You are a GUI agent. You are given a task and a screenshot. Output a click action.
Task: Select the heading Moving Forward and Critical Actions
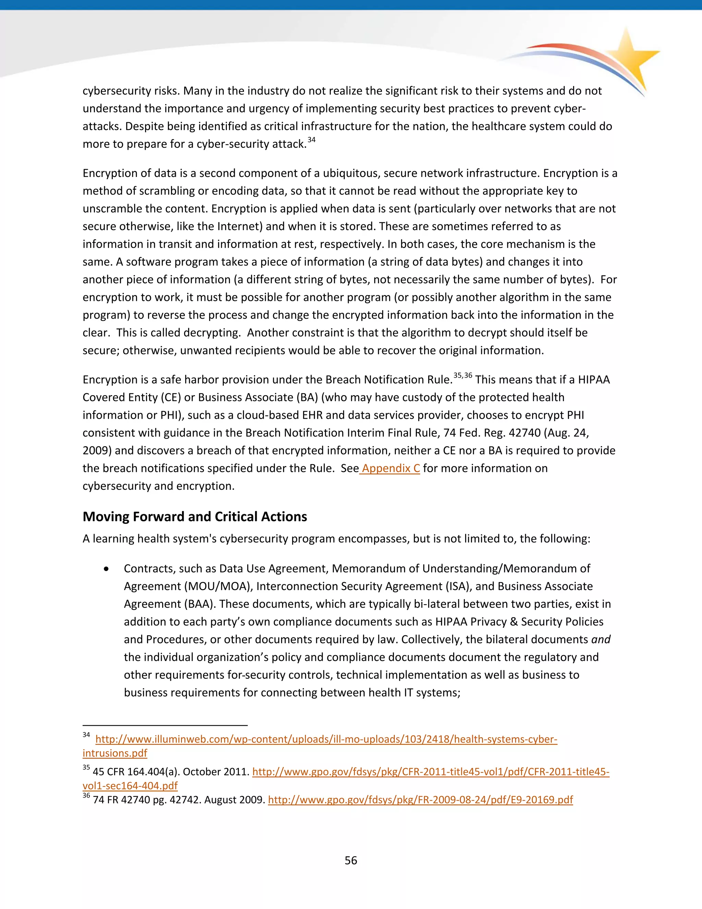pos(195,517)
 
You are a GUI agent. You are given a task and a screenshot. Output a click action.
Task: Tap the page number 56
pos(351,860)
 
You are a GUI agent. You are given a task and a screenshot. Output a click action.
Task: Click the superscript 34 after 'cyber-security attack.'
pos(312,140)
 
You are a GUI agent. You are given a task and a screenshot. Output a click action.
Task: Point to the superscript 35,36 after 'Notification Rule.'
pos(462,375)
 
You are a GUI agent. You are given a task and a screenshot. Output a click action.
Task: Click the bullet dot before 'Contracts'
pos(107,569)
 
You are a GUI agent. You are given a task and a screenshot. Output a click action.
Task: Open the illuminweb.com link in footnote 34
pos(326,739)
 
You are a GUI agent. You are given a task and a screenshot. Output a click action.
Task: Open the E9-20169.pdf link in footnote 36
pos(420,800)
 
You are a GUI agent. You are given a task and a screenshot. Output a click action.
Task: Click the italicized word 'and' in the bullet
pos(601,639)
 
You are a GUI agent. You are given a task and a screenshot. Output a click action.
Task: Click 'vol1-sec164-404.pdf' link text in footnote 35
pos(130,786)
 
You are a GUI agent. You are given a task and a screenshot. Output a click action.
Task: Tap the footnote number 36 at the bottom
pos(86,796)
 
